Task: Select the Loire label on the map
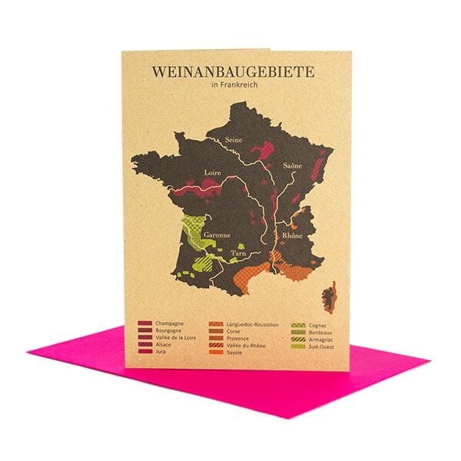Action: (x=212, y=173)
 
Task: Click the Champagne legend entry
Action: (x=168, y=324)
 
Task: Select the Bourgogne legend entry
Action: (x=169, y=331)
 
